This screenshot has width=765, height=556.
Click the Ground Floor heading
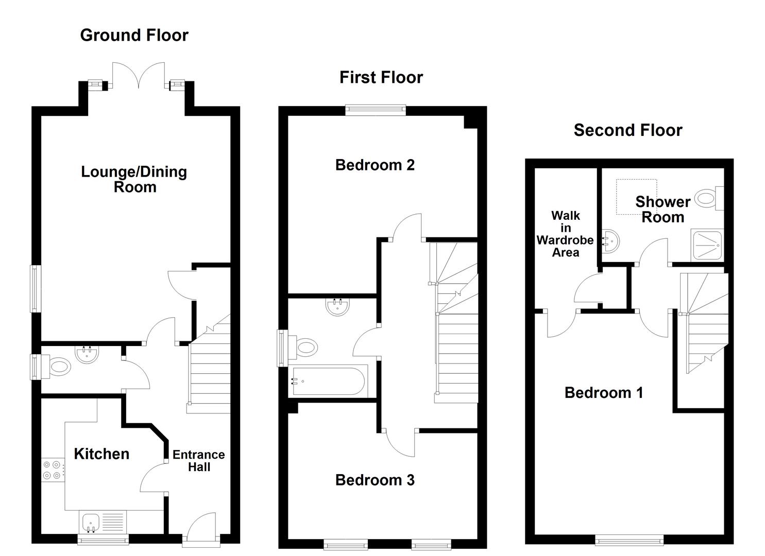134,35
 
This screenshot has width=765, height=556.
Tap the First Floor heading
381,77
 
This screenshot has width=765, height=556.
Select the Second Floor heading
627,130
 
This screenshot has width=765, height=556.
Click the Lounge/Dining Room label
134,179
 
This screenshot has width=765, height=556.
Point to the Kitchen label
101,454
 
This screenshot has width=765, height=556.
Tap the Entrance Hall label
199,461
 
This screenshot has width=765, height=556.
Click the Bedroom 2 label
375,165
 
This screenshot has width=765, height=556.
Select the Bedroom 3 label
375,480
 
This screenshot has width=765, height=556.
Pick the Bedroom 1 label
603,393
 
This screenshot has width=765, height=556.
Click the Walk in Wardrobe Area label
565,234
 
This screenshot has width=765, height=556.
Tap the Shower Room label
662,209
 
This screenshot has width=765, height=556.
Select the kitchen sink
91,522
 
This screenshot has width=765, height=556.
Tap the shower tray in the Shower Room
707,245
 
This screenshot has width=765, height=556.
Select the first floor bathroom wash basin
338,307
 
